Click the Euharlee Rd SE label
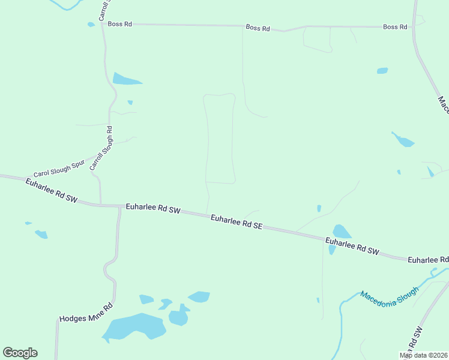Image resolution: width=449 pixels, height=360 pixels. tap(237, 222)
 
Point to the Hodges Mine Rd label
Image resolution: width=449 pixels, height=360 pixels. tap(86, 313)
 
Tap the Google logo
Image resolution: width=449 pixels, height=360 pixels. tap(20, 353)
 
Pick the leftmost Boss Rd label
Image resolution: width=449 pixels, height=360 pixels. tap(120, 24)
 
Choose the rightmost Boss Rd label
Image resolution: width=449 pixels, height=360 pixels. tap(395, 27)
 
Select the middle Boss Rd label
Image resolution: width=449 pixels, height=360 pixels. tap(258, 28)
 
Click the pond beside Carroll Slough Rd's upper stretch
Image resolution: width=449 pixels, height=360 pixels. tap(126, 79)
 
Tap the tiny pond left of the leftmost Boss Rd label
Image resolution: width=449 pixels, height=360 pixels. tap(91, 25)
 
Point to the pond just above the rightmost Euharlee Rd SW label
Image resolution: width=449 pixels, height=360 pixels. tap(342, 232)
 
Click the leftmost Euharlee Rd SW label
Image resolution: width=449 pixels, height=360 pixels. tap(52, 190)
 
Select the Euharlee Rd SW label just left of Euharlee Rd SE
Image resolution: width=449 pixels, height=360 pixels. tap(153, 209)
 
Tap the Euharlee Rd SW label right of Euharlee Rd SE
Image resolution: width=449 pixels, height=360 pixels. tap(352, 246)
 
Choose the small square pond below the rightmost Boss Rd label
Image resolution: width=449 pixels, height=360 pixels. tap(382, 71)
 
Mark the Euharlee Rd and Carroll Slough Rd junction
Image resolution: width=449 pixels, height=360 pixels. tap(100, 205)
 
